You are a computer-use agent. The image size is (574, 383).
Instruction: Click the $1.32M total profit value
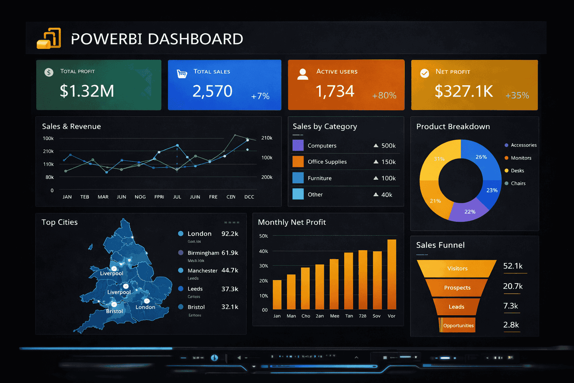(x=87, y=91)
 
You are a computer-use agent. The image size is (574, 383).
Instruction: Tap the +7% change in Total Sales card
(x=260, y=96)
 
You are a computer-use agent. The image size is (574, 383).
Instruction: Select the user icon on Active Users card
(x=303, y=74)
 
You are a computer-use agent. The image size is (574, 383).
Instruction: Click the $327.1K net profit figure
(x=464, y=91)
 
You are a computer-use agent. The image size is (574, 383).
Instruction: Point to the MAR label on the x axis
(x=103, y=197)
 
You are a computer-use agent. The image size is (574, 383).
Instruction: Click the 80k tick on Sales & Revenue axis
(x=49, y=177)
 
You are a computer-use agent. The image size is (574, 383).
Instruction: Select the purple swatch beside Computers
(x=298, y=145)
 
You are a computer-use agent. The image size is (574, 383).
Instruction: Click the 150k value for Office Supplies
(x=388, y=162)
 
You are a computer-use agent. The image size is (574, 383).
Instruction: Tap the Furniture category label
(x=320, y=178)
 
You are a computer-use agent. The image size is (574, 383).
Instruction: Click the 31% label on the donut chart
(x=439, y=159)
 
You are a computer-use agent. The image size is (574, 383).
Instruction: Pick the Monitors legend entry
(x=521, y=158)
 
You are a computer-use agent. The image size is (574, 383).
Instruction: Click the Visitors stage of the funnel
(x=457, y=269)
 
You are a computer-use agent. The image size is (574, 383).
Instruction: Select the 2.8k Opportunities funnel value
(x=511, y=325)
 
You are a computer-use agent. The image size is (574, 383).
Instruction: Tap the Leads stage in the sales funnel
(x=456, y=307)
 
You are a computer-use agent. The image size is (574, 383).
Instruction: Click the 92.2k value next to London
(x=230, y=234)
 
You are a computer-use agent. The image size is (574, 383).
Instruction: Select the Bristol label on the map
(x=114, y=311)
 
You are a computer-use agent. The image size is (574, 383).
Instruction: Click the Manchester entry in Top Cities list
(x=202, y=270)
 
